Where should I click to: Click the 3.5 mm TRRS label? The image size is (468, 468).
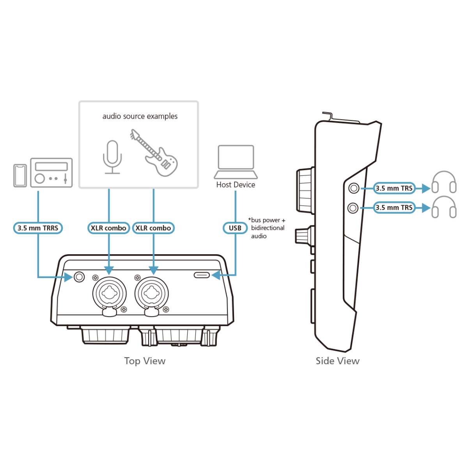[38, 228]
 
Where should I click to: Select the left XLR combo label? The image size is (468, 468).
[108, 228]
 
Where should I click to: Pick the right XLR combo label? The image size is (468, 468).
[153, 228]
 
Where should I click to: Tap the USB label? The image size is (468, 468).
[235, 228]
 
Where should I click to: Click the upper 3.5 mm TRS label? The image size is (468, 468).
[394, 188]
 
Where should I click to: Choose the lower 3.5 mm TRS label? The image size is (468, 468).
[394, 208]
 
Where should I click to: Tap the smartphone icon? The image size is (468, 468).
[20, 175]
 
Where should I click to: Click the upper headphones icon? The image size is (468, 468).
[444, 182]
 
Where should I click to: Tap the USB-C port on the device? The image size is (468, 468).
[202, 275]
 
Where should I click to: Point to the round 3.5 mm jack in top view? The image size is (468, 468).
[79, 277]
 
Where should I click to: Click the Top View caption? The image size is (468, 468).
[145, 361]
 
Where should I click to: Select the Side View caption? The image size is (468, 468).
[337, 361]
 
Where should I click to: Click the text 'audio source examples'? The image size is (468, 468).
[140, 116]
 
